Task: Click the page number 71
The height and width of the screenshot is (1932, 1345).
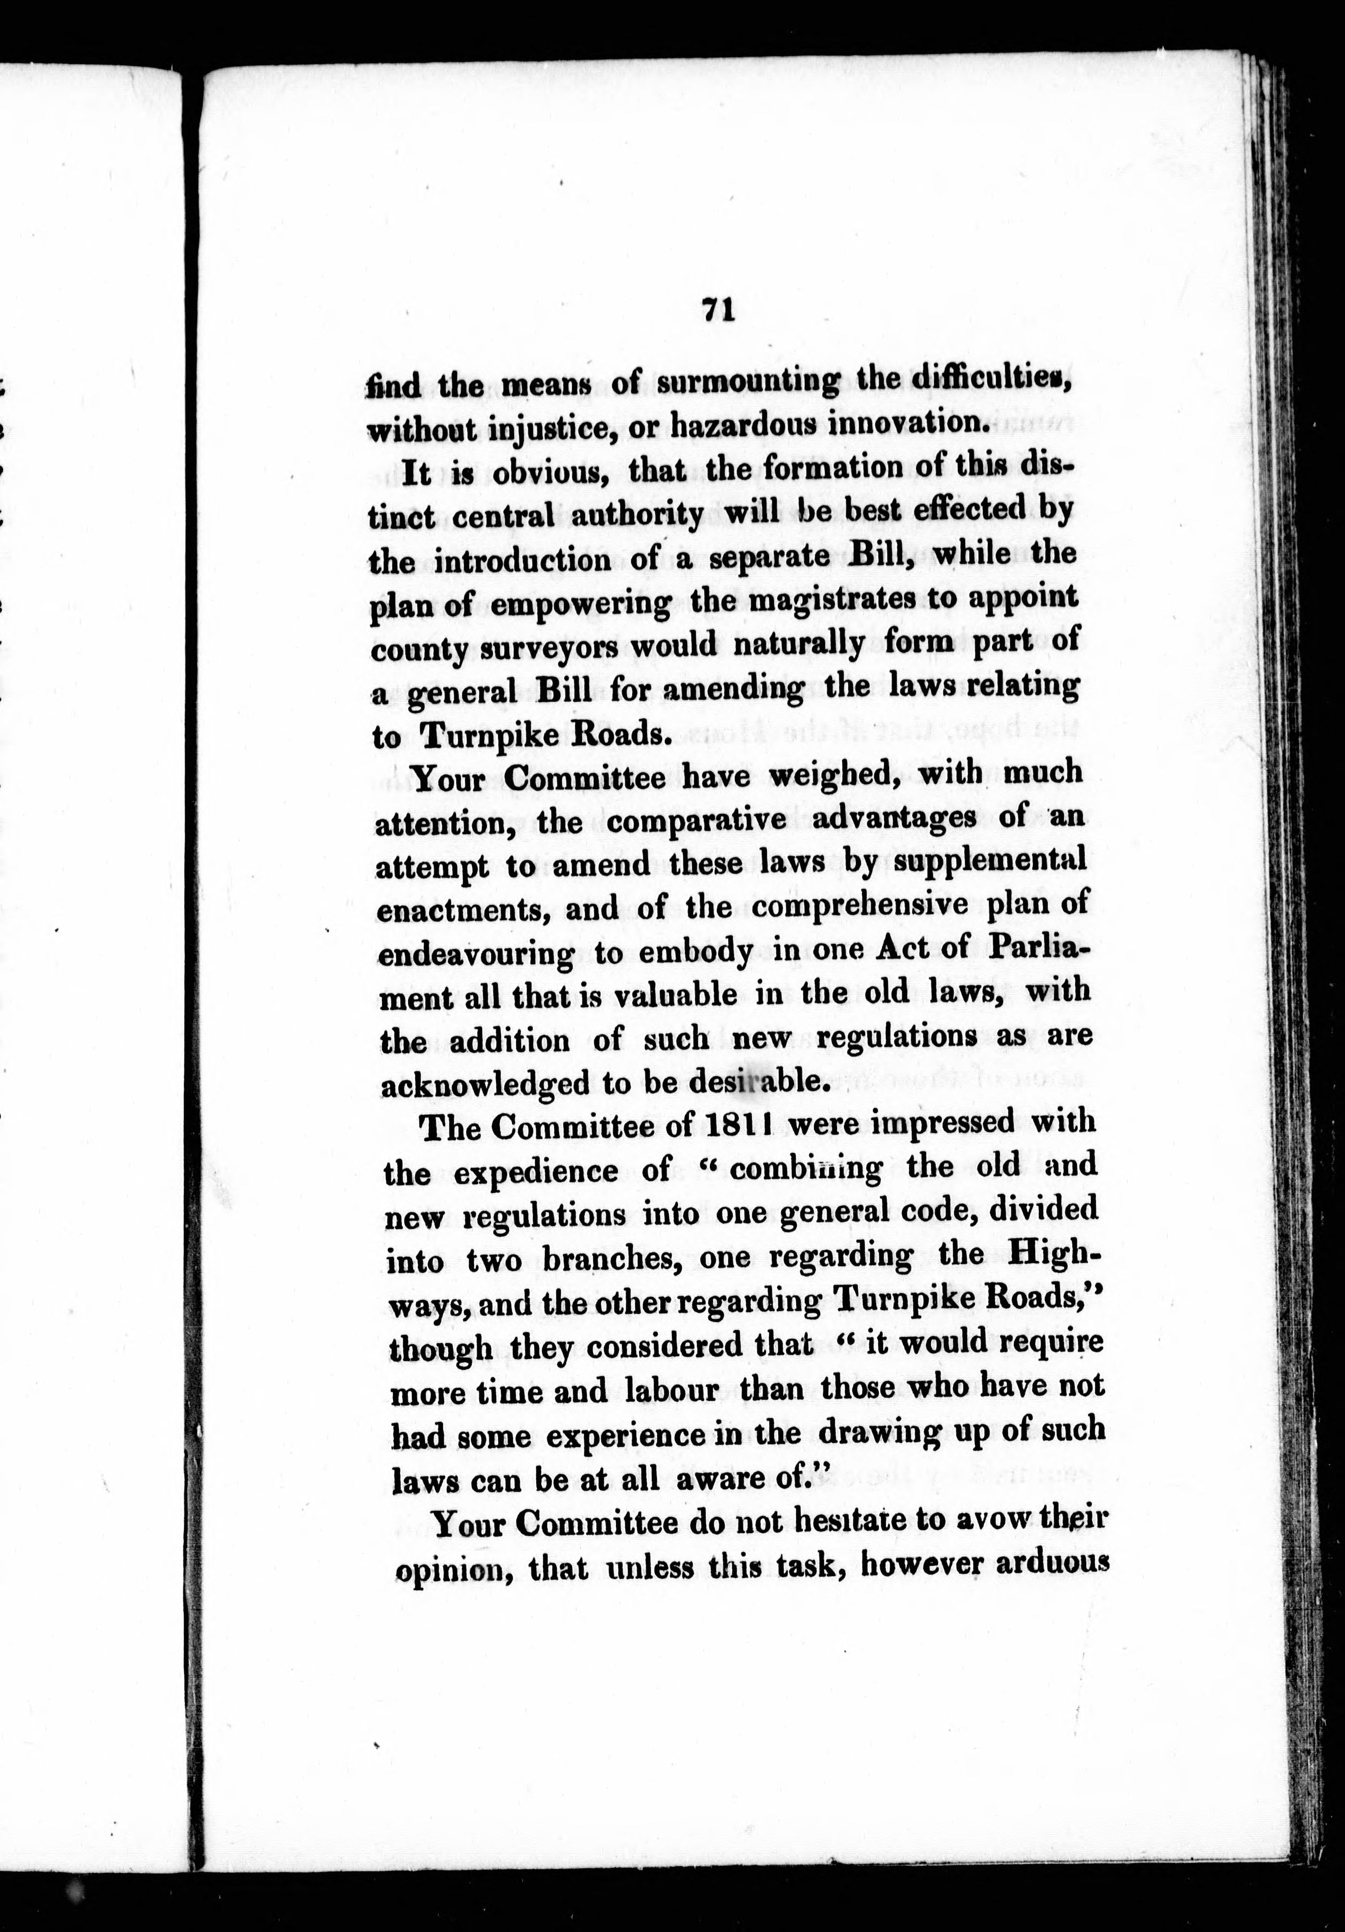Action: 718,312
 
